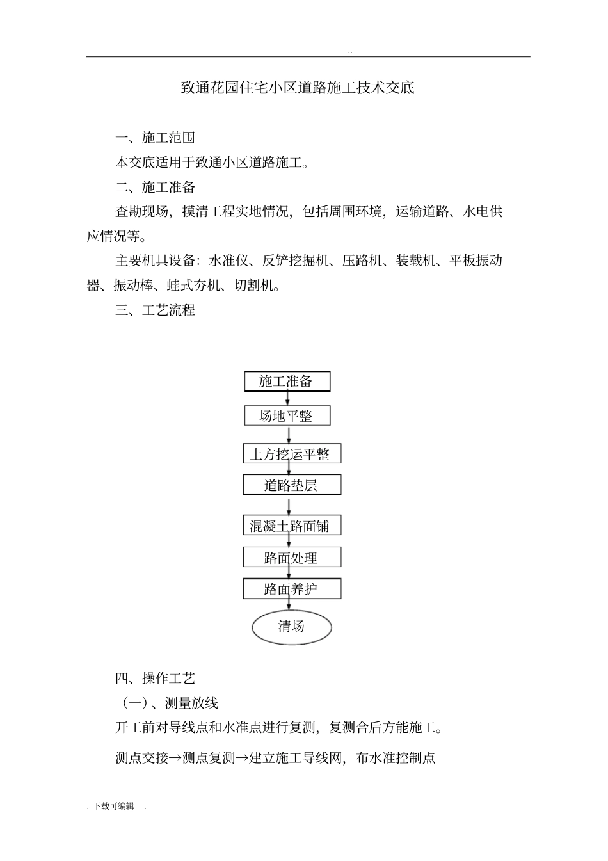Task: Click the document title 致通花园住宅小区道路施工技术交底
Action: (298, 88)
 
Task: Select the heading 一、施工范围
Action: (155, 138)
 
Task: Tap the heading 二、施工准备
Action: (155, 187)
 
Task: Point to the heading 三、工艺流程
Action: (155, 310)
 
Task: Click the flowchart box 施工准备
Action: (287, 382)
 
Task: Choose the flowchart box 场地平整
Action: (287, 416)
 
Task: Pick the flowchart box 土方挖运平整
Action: (291, 455)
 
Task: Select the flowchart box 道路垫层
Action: (291, 485)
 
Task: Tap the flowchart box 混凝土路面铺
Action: (291, 526)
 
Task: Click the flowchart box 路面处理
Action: (291, 558)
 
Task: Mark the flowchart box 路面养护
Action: (291, 589)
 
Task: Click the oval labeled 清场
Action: (291, 627)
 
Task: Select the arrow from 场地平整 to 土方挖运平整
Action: (289, 435)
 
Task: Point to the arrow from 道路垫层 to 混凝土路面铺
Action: (289, 506)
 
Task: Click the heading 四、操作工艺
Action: (155, 679)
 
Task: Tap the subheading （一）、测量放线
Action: (170, 703)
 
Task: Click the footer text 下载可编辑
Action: (114, 806)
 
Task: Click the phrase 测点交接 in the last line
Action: (141, 758)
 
